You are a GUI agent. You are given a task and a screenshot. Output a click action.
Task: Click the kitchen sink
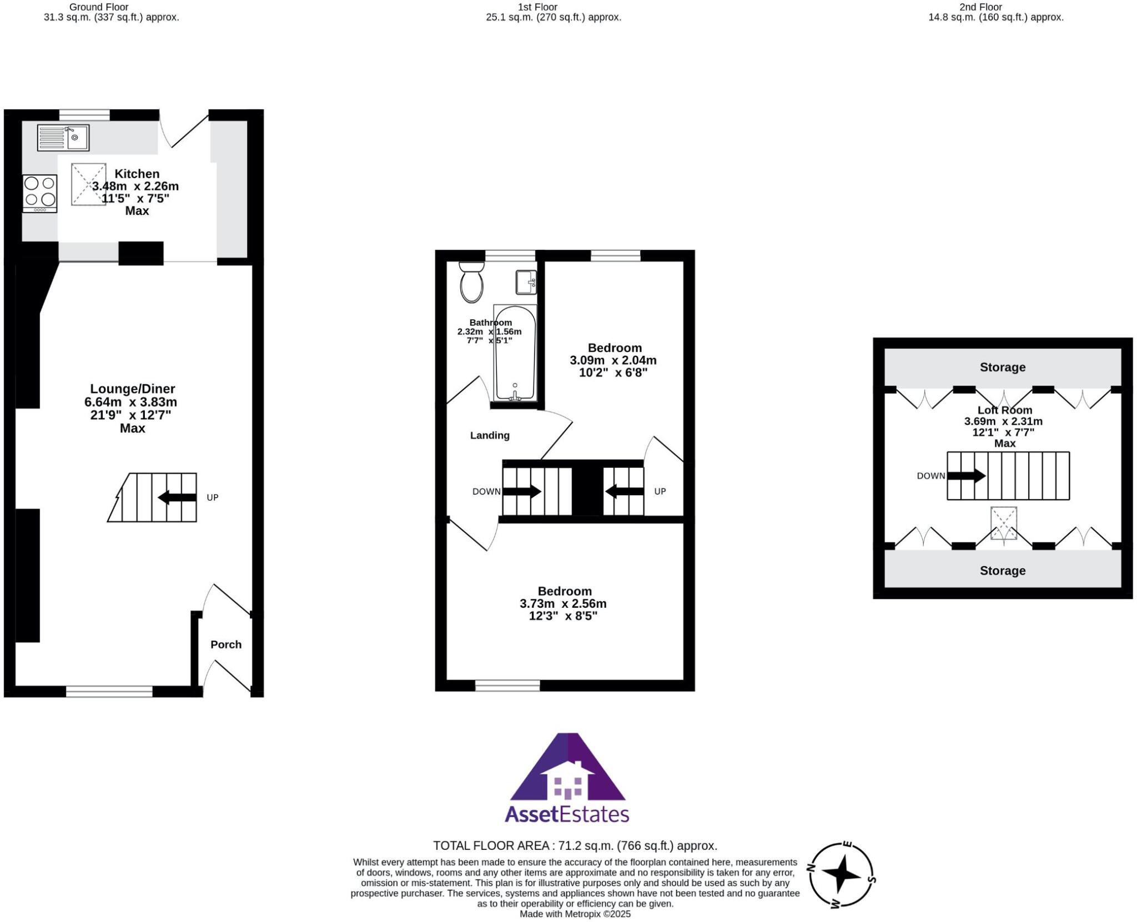click(63, 138)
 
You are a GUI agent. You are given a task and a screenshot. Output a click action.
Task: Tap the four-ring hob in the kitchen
click(40, 193)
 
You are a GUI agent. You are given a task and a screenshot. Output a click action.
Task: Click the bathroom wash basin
click(525, 282)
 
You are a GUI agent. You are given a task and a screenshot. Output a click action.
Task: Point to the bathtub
click(515, 353)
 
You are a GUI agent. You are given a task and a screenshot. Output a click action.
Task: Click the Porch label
click(226, 644)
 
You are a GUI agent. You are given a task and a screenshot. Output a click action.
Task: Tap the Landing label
click(490, 435)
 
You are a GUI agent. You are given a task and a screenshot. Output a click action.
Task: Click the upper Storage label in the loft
click(1002, 367)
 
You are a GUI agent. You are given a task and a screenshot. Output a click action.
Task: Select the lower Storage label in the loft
click(1002, 571)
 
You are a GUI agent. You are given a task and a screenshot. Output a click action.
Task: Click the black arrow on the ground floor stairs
click(177, 497)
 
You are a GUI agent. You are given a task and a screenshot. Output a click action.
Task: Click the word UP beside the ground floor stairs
click(213, 497)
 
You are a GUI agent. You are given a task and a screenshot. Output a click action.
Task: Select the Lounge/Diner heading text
click(133, 389)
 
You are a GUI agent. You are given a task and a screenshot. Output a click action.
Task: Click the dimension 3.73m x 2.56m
click(563, 603)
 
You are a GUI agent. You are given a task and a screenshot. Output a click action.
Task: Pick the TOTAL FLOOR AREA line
click(575, 845)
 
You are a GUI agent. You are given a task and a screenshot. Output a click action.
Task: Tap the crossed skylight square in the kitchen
click(88, 184)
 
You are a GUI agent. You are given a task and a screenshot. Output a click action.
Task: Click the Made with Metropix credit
click(575, 914)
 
